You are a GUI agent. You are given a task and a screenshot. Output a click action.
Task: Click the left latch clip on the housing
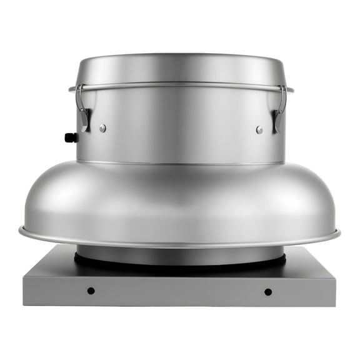82,109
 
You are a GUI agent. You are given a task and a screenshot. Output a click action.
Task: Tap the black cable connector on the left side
71,137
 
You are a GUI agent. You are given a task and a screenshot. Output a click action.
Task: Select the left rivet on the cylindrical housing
102,128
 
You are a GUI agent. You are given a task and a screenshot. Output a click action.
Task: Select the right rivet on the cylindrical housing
259,129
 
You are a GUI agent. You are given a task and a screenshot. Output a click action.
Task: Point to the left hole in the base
91,291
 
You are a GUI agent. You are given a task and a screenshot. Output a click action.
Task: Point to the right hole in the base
268,291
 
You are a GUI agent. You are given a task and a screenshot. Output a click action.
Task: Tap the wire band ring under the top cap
180,85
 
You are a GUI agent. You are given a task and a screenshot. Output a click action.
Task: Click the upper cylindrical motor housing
180,125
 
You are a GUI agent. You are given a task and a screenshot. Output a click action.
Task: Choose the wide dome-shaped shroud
180,200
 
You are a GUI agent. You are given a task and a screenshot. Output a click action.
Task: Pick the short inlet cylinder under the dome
180,253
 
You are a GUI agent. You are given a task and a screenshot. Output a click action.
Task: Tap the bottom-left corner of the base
24,305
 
